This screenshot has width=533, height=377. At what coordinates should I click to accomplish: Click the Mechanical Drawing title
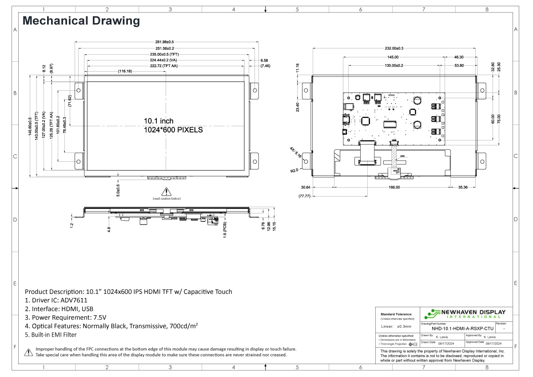pos(81,20)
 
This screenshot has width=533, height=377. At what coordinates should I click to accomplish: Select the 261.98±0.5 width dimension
pos(167,42)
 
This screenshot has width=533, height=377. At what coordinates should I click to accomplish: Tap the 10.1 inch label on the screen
pos(159,121)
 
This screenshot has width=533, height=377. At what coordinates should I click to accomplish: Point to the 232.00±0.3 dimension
pos(394,48)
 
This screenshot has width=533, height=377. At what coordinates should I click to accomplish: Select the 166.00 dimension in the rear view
pos(394,187)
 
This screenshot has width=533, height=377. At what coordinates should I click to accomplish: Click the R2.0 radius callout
pos(294,170)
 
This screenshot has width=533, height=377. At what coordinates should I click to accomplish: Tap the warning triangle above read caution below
pos(167,192)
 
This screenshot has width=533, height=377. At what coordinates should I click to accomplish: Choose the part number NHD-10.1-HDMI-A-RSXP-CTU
pos(462,329)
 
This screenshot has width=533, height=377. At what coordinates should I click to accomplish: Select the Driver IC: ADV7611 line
pos(56,300)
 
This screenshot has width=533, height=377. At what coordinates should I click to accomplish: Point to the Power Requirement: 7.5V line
pos(66,317)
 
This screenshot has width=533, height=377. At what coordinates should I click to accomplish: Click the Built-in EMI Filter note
pos(51,334)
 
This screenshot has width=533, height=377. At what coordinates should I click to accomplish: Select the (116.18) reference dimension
pos(125,71)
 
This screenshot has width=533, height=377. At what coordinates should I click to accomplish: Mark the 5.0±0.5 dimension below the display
pos(118,188)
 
